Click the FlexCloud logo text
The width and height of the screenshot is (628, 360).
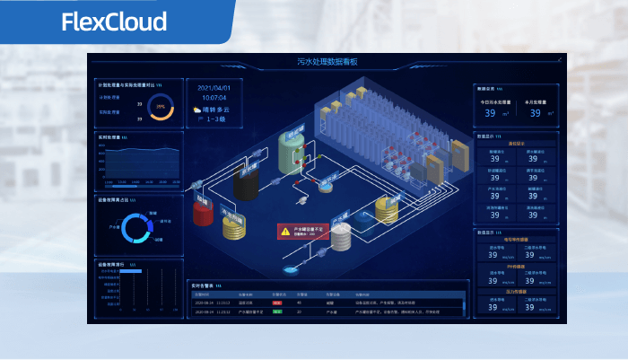pyautogui.click(x=114, y=22)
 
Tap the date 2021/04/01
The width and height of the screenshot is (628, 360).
pyautogui.click(x=214, y=88)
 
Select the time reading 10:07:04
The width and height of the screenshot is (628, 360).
pyautogui.click(x=214, y=97)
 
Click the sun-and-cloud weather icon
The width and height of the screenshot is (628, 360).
pyautogui.click(x=196, y=110)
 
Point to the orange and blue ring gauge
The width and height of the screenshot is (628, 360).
pyautogui.click(x=161, y=106)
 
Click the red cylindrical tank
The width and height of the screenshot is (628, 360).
pyautogui.click(x=203, y=214)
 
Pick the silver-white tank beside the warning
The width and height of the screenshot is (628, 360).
pyautogui.click(x=341, y=236)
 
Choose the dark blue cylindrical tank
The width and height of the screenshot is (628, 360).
pyautogui.click(x=363, y=216)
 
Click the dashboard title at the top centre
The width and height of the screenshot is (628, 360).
pyautogui.click(x=327, y=62)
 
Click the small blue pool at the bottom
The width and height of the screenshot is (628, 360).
pyautogui.click(x=290, y=268)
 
